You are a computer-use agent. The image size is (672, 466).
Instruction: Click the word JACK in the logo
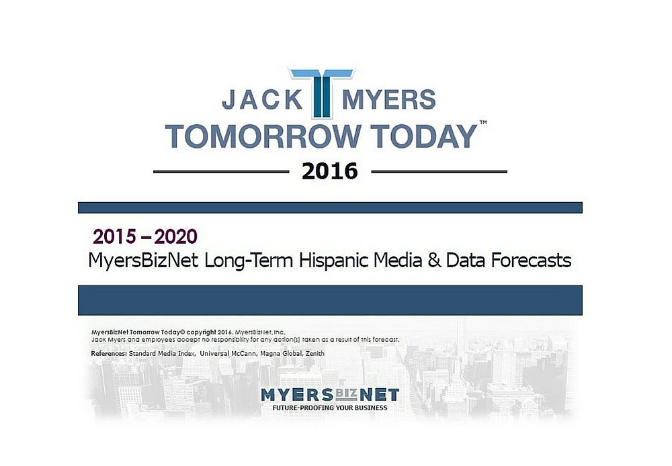click(262, 99)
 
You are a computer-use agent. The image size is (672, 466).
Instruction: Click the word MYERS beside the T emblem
click(388, 99)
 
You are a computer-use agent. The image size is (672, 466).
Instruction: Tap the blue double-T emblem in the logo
click(322, 93)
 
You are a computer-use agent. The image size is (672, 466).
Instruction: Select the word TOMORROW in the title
click(263, 136)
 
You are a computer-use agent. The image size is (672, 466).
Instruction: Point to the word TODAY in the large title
click(424, 136)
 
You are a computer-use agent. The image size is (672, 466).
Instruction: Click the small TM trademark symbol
click(483, 122)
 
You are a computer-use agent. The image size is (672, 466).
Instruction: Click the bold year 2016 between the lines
click(329, 171)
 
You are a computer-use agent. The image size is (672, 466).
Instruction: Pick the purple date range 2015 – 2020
click(145, 236)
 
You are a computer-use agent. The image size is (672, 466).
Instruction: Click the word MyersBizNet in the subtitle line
click(143, 261)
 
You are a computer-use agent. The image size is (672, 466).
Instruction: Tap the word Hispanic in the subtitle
click(333, 261)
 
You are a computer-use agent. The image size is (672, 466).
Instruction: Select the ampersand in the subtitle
click(434, 261)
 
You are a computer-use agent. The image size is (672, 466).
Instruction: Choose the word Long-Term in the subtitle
click(249, 261)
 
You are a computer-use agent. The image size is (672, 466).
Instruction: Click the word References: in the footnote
click(109, 354)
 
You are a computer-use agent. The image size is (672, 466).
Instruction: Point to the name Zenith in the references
click(315, 354)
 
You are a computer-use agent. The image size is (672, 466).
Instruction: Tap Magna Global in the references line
click(281, 354)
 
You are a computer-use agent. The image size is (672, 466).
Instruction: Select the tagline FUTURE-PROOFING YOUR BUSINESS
click(330, 408)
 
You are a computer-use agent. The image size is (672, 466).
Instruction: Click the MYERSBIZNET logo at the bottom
click(330, 394)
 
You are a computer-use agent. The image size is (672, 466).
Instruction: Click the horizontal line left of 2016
click(221, 172)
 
